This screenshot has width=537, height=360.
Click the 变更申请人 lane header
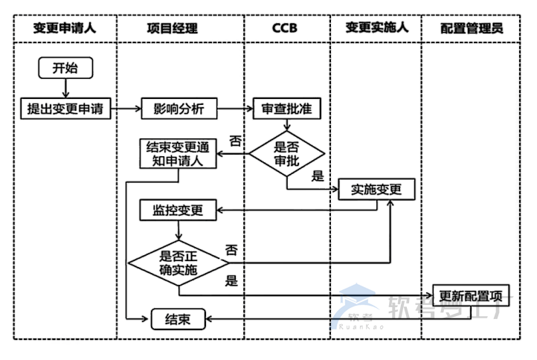coord(65,29)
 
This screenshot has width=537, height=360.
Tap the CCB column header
coord(287,29)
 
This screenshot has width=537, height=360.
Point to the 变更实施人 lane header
coord(376,29)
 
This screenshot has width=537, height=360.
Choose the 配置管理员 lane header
coord(472,29)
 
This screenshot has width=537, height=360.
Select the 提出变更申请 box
coord(65,109)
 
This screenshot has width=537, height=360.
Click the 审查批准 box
coord(286,109)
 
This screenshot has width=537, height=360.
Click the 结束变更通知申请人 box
coord(178,154)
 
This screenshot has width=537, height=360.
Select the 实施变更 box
coord(376,190)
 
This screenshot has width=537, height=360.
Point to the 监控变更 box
coord(178,210)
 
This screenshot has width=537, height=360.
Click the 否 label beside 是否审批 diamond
coord(235,141)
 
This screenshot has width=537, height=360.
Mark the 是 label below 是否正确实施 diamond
coord(231,281)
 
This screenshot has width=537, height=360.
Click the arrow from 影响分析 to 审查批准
coord(234,109)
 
